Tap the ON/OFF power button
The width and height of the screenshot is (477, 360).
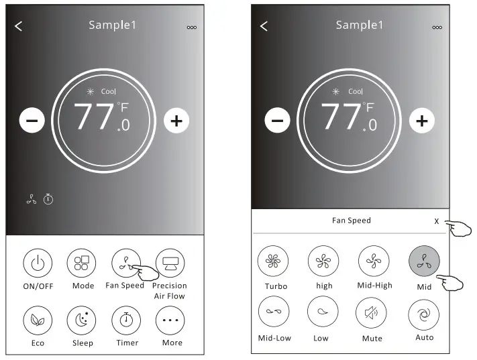38,263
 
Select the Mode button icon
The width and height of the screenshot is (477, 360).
82,263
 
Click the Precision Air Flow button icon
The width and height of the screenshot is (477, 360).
170,263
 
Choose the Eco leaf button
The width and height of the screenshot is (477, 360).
38,320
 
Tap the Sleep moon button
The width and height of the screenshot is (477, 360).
82,320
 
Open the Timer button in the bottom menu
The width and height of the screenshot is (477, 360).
126,320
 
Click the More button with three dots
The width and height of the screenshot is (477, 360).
170,320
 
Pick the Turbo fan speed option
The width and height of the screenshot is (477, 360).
273,261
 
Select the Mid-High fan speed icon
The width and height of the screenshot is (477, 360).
374,261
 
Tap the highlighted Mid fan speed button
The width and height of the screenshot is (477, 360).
424,261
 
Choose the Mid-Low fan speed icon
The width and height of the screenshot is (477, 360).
274,311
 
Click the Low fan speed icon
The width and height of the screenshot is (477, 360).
323,311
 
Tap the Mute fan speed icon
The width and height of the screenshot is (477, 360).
371,313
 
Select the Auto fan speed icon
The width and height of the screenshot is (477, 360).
424,314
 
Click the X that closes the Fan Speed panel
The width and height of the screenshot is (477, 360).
437,221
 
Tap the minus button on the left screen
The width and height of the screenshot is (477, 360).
32,121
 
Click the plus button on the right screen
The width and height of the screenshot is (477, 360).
422,121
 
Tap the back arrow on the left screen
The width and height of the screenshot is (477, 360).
18,26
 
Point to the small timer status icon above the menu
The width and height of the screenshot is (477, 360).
48,199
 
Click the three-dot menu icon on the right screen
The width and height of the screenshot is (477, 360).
437,27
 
